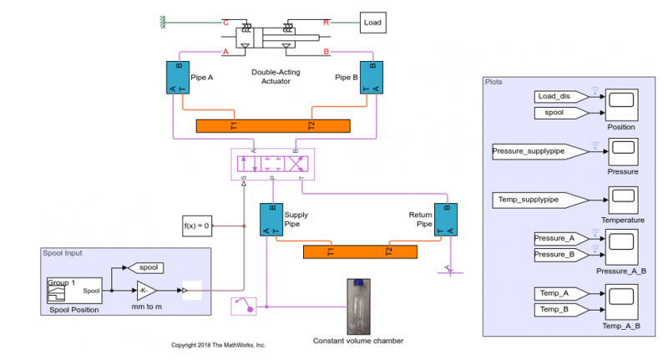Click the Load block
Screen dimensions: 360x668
[x=373, y=23]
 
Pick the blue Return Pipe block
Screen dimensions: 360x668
[x=445, y=220]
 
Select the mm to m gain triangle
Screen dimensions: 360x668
[x=144, y=290]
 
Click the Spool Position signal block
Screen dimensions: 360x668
[x=74, y=291]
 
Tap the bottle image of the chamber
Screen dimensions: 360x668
[x=357, y=307]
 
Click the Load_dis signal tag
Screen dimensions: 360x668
[x=556, y=96]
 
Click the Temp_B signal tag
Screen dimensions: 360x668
[x=555, y=309]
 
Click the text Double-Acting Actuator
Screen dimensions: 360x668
[x=276, y=76]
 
